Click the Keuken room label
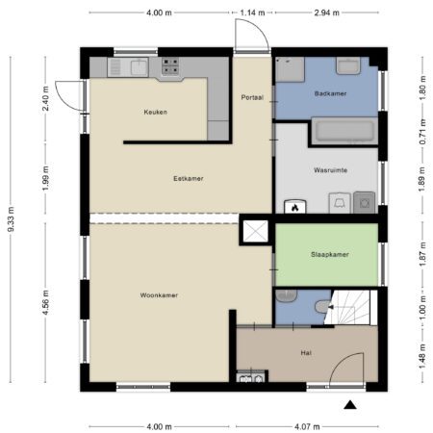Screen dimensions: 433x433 coord(155,112)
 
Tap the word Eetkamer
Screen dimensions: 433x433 coord(189,178)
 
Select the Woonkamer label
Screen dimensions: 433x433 coord(159,295)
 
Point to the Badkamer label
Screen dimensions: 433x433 coord(330,93)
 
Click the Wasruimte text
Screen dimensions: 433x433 coord(330,170)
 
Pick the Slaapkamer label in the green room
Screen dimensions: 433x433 coord(330,254)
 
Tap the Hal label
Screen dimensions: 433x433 coord(306,353)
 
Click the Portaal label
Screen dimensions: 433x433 coord(252,97)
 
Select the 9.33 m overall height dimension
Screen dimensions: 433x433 coord(11,219)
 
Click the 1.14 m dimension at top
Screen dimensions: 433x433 coord(252,13)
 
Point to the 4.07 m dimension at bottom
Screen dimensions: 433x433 coord(307,426)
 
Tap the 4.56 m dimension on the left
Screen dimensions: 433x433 coord(45,302)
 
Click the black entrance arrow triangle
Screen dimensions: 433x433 coord(350,405)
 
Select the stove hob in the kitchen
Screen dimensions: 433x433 coord(170,65)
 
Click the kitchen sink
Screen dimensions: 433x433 coord(140,67)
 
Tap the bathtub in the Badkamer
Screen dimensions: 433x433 coord(344,131)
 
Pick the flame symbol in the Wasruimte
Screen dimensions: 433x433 coord(294,208)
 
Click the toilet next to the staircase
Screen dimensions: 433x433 coord(323,306)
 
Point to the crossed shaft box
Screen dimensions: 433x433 coord(255,231)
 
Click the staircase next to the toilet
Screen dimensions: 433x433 coord(350,307)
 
